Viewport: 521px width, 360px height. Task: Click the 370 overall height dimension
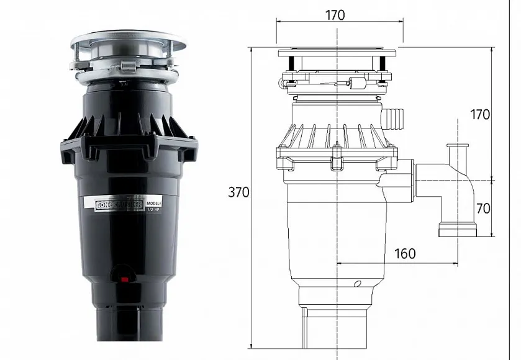click(x=238, y=192)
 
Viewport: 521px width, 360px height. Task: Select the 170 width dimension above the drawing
click(x=335, y=15)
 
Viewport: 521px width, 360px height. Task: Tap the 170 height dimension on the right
click(x=479, y=114)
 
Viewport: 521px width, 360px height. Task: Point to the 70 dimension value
click(x=482, y=208)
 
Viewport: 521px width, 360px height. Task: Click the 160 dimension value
click(x=405, y=253)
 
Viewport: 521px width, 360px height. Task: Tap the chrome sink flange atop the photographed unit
click(x=127, y=42)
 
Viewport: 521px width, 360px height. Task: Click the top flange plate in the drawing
click(x=336, y=50)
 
